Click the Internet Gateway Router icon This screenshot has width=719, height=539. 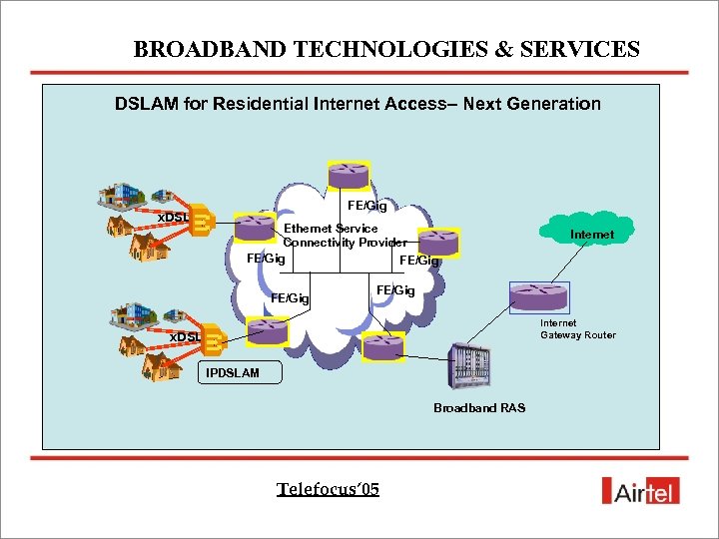(x=538, y=296)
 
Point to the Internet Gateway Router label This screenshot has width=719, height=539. (x=577, y=329)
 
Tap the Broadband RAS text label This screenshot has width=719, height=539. (x=479, y=407)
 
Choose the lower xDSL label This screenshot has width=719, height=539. (x=184, y=336)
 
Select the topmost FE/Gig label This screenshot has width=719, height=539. (x=366, y=206)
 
